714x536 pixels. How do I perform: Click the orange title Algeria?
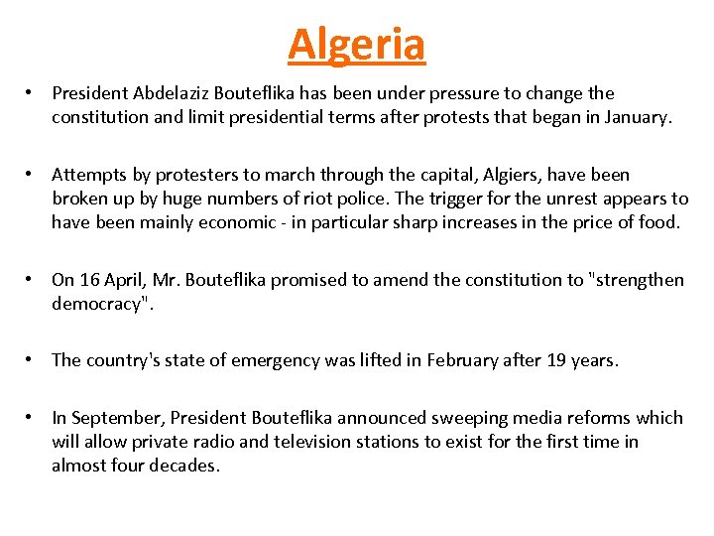(x=356, y=44)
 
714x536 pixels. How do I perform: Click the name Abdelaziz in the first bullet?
(x=167, y=93)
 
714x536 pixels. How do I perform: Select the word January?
(x=637, y=117)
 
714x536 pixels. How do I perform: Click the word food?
(x=658, y=222)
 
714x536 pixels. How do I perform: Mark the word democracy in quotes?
(x=97, y=304)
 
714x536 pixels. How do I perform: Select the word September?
(x=113, y=418)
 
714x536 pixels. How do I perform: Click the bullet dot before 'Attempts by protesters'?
(x=33, y=175)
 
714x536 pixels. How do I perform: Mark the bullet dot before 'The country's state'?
(x=33, y=360)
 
